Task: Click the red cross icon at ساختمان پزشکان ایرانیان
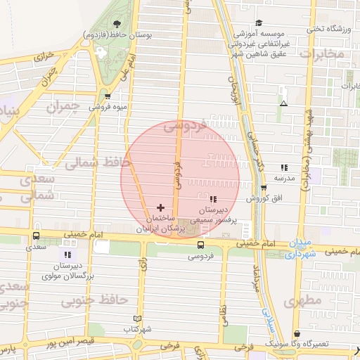tap(161, 208)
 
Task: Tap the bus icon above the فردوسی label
tap(202, 245)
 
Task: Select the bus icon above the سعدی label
tap(36, 236)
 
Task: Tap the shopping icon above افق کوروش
tap(264, 188)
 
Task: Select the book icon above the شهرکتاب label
tap(137, 319)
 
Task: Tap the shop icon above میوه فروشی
tap(108, 97)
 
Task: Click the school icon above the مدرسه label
tap(284, 167)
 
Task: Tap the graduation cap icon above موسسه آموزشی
tap(259, 23)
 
